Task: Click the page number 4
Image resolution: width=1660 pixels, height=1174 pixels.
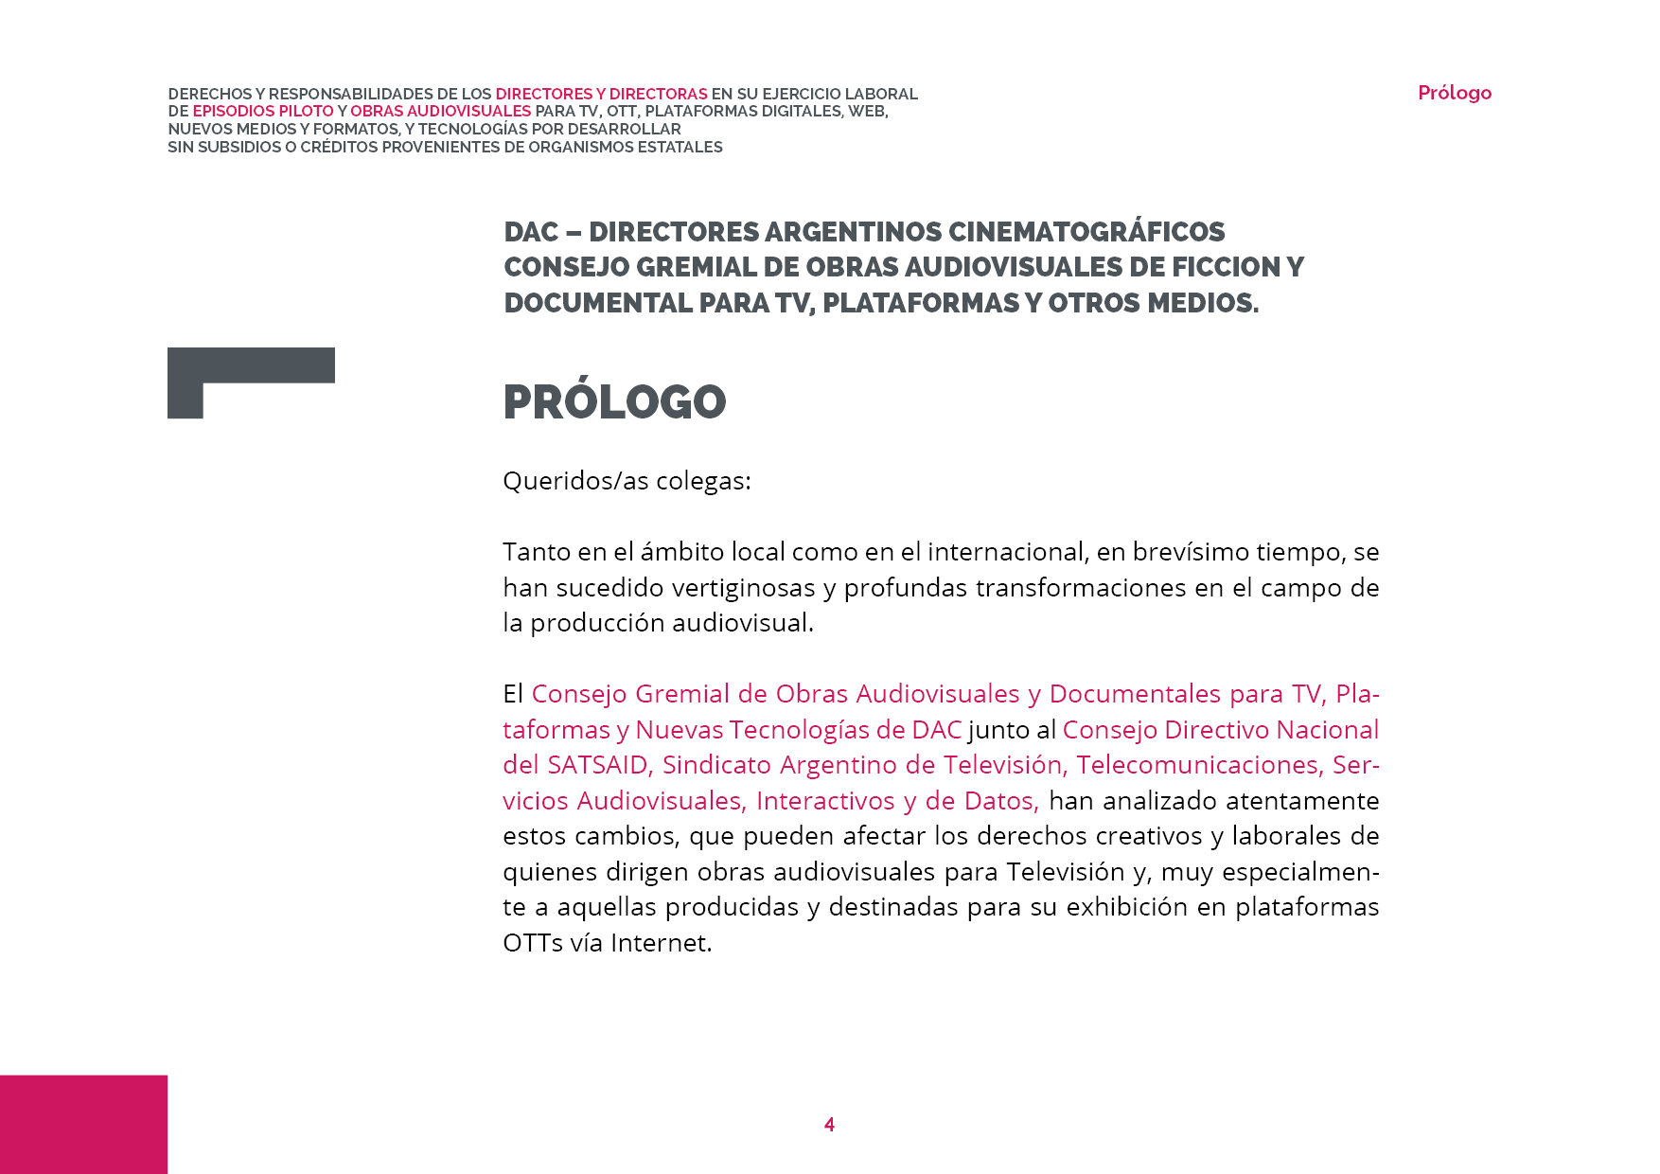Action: [x=829, y=1125]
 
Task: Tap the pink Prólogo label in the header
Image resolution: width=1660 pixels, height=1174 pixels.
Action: [x=1454, y=93]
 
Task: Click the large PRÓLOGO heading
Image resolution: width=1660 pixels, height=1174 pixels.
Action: [x=614, y=402]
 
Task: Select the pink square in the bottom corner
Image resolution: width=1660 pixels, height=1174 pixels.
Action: [x=83, y=1124]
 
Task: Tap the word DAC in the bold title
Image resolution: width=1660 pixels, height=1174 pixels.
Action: [x=531, y=232]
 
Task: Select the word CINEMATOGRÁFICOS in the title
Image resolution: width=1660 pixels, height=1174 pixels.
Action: [x=1086, y=232]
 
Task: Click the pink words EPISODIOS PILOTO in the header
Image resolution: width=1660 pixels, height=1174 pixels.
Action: [x=263, y=111]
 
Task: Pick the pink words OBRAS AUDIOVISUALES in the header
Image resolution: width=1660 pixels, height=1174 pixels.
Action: [x=440, y=111]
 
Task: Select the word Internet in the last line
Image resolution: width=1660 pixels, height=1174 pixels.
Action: [x=660, y=943]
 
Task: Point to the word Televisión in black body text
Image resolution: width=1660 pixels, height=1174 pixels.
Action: [x=1065, y=872]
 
